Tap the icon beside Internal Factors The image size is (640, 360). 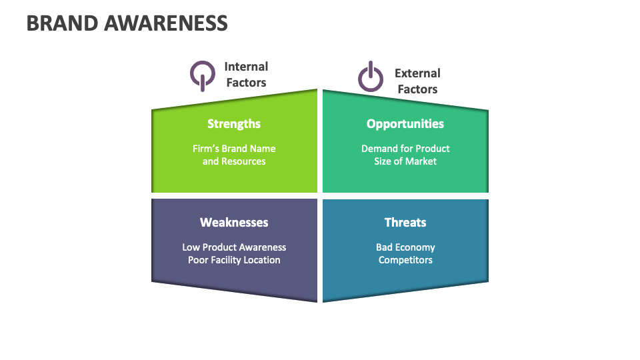[x=202, y=75]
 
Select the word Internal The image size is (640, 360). [x=246, y=67]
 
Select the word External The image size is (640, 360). [x=417, y=73]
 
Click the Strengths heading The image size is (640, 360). [x=234, y=123]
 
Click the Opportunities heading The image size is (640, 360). [x=405, y=123]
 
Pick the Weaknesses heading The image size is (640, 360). [x=234, y=222]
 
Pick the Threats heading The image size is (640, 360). [x=405, y=222]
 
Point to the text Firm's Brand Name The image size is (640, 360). [x=234, y=149]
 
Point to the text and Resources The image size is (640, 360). [x=234, y=161]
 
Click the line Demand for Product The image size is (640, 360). [x=405, y=149]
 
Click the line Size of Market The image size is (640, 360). [x=405, y=161]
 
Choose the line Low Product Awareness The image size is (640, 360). [x=234, y=247]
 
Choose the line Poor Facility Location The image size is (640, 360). [x=234, y=260]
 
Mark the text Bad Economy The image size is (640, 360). [x=405, y=247]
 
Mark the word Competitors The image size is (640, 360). [x=405, y=260]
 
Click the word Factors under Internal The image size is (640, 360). [x=246, y=83]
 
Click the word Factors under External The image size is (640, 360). [x=417, y=89]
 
